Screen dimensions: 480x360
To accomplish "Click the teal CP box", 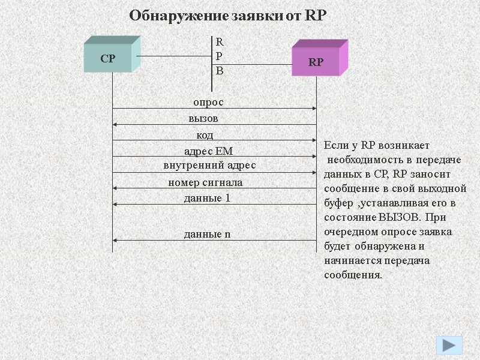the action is [108, 59].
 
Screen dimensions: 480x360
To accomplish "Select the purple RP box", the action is [316, 62].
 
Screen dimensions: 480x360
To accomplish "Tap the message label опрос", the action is [208, 103].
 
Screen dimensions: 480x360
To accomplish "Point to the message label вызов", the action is [203, 118].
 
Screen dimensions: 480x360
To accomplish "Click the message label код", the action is [205, 134].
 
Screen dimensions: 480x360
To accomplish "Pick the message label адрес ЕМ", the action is [208, 151].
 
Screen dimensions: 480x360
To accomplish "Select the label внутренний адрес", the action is [209, 164].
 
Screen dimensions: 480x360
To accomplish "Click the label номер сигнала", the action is [205, 182].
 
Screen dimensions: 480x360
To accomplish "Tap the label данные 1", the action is [207, 197].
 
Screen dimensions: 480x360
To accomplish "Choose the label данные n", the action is [207, 235].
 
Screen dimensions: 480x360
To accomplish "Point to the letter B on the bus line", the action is [220, 71].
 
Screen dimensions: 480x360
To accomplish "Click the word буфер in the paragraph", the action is [338, 203].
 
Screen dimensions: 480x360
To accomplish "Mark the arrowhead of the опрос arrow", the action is [314, 109].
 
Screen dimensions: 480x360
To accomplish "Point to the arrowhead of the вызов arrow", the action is [116, 124].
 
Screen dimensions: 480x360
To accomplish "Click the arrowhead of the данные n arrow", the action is [116, 241].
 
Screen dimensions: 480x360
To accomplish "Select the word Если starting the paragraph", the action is [335, 146].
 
